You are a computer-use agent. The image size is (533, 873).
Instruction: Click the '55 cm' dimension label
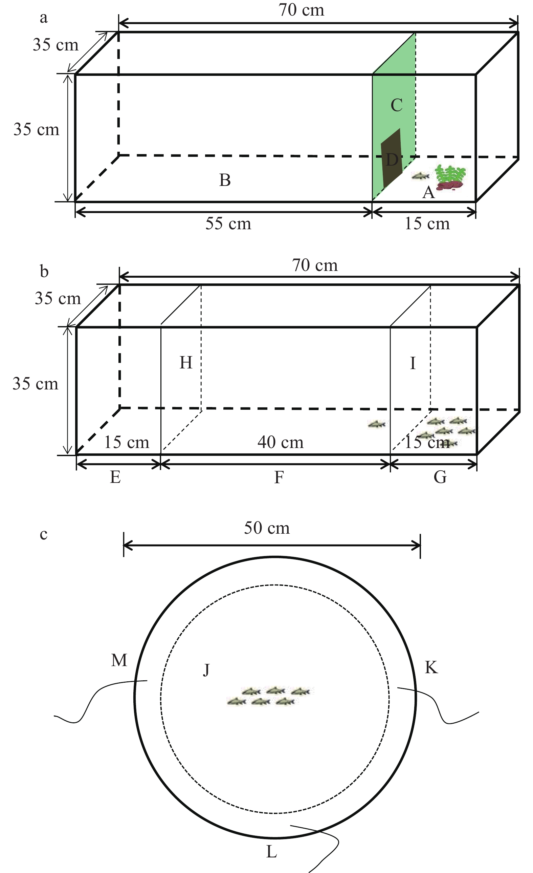point(228,223)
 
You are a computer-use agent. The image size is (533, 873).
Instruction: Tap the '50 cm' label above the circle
point(267,528)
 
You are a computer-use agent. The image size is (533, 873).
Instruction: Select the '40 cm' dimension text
point(281,442)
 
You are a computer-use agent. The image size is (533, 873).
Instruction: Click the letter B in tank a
point(225,180)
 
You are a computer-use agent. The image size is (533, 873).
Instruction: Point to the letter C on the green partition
point(396,105)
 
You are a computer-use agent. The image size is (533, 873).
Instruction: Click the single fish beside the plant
point(420,176)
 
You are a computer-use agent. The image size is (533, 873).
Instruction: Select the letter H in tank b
point(186,363)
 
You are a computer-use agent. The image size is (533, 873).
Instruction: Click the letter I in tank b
point(413,363)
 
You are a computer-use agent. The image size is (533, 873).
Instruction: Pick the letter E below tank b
point(115,477)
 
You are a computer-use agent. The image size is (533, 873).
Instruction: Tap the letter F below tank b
point(279,477)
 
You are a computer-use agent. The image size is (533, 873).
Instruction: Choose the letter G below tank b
point(440,477)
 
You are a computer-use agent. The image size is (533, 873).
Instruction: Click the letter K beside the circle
point(431,667)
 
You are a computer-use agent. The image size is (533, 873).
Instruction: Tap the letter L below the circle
point(271,851)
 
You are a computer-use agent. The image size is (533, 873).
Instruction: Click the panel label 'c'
point(44,534)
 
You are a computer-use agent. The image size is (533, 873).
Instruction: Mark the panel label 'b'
point(44,272)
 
